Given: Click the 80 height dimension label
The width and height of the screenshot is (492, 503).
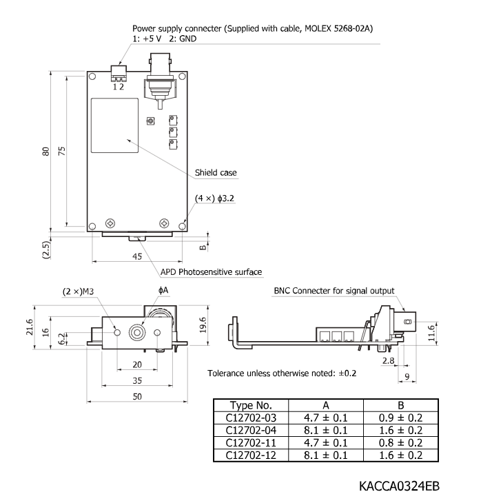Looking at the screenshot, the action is tap(46, 152).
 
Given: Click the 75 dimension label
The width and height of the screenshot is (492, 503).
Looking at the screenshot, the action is tap(61, 151).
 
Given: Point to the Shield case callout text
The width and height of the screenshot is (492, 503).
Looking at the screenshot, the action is tap(216, 172).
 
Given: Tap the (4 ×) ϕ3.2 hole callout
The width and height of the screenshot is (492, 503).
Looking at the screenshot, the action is tap(214, 198).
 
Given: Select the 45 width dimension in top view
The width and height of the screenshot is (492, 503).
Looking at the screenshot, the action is tap(137, 256).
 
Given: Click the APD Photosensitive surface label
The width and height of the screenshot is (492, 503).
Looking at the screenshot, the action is tap(211, 272).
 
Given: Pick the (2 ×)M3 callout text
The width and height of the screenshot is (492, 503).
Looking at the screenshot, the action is tap(78, 291).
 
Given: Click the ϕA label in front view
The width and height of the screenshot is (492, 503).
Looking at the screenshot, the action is tap(163, 290).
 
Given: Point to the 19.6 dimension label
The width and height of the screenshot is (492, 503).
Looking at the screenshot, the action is tap(203, 325).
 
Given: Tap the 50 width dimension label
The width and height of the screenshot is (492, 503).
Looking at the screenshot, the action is tap(137, 396).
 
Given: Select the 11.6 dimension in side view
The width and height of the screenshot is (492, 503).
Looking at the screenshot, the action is tap(431, 333).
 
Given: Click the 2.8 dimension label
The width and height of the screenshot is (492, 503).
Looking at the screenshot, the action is tap(388, 360).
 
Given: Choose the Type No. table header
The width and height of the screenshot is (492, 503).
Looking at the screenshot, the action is tap(251, 405).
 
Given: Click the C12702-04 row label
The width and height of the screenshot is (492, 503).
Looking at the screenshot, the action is tap(251, 430).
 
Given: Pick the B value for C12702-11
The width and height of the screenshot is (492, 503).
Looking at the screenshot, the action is tap(400, 442).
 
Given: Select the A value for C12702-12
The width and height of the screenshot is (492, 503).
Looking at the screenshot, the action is tap(325, 455).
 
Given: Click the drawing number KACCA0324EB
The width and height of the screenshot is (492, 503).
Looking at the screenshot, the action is tap(399, 486).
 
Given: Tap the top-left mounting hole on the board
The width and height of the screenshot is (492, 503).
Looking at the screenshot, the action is tap(92, 76).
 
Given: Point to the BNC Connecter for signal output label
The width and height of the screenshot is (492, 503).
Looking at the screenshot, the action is tap(334, 291).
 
